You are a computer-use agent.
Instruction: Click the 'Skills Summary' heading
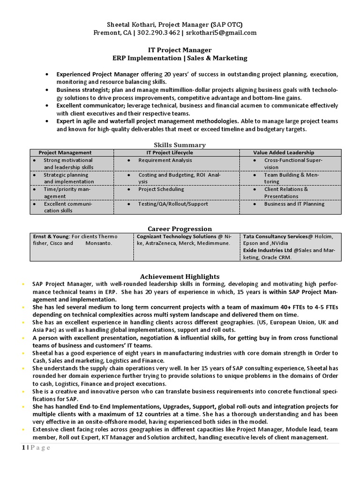pos(180,145)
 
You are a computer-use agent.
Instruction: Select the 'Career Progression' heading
pos(180,229)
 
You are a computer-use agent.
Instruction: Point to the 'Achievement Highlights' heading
pos(180,277)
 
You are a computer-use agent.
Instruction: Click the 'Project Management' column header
pos(65,152)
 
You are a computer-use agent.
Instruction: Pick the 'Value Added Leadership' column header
pos(284,152)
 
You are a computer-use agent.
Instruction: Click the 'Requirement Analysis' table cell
pos(165,160)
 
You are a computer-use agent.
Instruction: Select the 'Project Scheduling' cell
pos(161,189)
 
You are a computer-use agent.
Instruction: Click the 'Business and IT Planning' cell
pos(294,204)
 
